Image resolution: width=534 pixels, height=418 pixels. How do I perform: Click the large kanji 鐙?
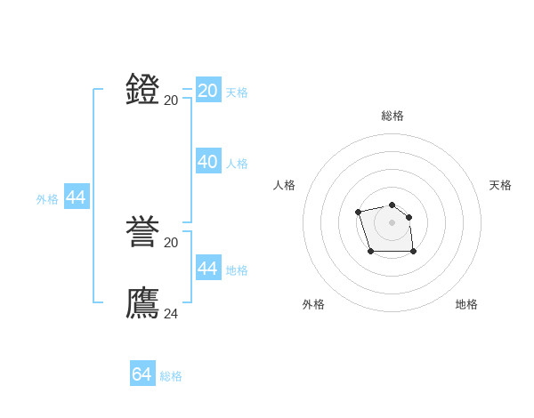pyautogui.click(x=143, y=90)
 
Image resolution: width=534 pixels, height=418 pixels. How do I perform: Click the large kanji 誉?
pyautogui.click(x=143, y=233)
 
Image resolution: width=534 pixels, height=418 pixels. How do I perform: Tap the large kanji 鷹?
pyautogui.click(x=143, y=303)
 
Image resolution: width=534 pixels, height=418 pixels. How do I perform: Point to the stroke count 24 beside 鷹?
pyautogui.click(x=171, y=313)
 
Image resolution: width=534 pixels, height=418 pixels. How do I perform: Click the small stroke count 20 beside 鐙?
pyautogui.click(x=171, y=100)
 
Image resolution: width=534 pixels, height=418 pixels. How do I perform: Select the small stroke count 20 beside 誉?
pyautogui.click(x=171, y=243)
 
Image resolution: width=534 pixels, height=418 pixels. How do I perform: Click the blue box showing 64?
pyautogui.click(x=142, y=374)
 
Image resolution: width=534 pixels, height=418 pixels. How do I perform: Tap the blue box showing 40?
pyautogui.click(x=208, y=162)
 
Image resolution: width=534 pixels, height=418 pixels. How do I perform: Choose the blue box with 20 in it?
pyautogui.click(x=208, y=91)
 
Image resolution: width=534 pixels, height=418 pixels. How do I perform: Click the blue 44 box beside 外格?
pyautogui.click(x=77, y=198)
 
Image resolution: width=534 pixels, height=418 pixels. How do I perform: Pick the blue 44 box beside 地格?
pyautogui.click(x=208, y=269)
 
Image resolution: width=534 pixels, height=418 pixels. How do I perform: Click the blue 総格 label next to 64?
pyautogui.click(x=171, y=376)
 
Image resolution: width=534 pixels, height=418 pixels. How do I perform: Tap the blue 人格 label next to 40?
pyautogui.click(x=237, y=164)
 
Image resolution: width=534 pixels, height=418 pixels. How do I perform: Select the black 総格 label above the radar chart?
pyautogui.click(x=392, y=116)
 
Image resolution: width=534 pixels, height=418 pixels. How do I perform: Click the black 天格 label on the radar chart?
pyautogui.click(x=501, y=185)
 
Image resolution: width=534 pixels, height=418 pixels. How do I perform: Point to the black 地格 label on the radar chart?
pyautogui.click(x=466, y=304)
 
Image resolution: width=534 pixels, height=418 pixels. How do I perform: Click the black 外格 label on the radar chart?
pyautogui.click(x=313, y=304)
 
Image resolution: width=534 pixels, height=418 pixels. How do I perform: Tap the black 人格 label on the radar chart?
pyautogui.click(x=285, y=185)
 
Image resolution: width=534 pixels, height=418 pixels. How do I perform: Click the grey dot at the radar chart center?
pyautogui.click(x=392, y=222)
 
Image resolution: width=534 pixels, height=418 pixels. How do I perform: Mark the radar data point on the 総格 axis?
pyautogui.click(x=392, y=205)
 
